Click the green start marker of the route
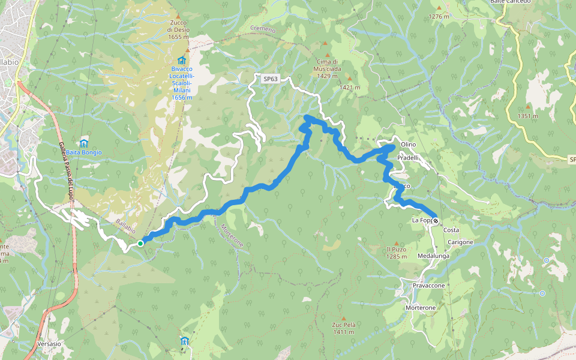point(140,243)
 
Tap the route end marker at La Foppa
point(434,220)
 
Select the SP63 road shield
point(271,79)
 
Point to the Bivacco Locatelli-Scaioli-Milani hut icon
point(181,60)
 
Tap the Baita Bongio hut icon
point(84,143)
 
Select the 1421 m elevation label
point(349,88)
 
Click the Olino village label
point(408,145)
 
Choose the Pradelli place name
point(407,157)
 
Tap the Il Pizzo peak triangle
point(396,241)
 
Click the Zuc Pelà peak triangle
point(344,318)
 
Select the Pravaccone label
point(428,286)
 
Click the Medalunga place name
point(433,256)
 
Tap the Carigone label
point(460,242)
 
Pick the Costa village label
point(451,230)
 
